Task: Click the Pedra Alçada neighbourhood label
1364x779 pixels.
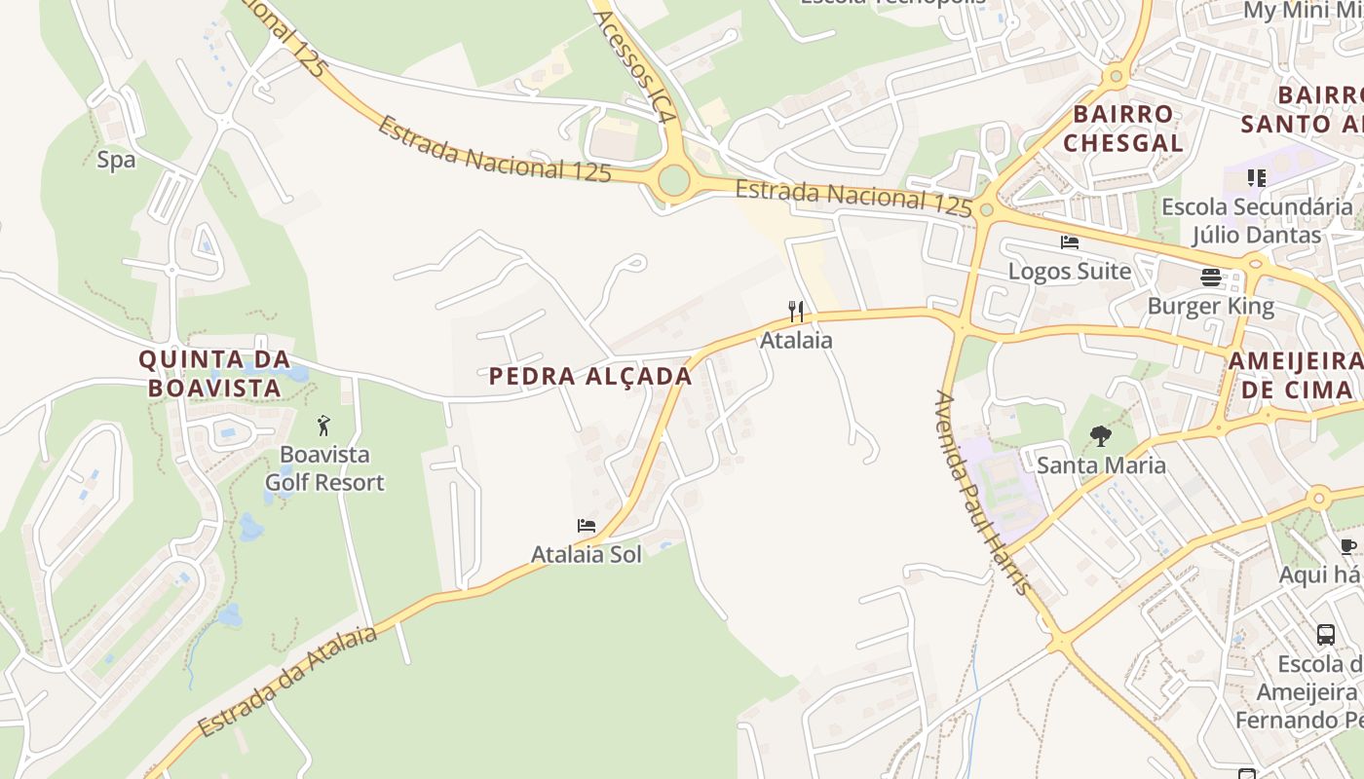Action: (x=590, y=377)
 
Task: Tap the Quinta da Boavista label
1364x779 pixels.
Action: (x=214, y=373)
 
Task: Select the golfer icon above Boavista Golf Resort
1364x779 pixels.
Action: (x=324, y=426)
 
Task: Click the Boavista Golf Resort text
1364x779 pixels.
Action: (x=324, y=468)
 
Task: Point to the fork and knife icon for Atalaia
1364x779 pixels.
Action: (x=797, y=312)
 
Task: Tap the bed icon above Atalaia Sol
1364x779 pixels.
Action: (x=587, y=526)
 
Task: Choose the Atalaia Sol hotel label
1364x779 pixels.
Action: (x=587, y=554)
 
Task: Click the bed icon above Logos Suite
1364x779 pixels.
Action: (x=1070, y=242)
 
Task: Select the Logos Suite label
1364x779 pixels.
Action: (x=1070, y=271)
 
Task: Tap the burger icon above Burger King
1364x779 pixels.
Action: (x=1211, y=278)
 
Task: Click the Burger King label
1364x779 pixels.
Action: (x=1211, y=307)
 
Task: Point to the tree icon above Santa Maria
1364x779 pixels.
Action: (x=1101, y=436)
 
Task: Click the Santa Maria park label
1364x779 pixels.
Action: (x=1101, y=464)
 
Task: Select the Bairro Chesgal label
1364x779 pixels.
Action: (x=1123, y=129)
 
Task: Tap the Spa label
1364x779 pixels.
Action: (x=116, y=160)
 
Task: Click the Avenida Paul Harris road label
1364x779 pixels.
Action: (x=982, y=492)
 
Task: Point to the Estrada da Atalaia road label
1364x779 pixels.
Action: (x=287, y=682)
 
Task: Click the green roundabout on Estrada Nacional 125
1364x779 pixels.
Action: (x=673, y=180)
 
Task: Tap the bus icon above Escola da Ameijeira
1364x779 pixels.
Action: (x=1326, y=635)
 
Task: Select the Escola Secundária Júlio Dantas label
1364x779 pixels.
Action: (x=1257, y=221)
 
